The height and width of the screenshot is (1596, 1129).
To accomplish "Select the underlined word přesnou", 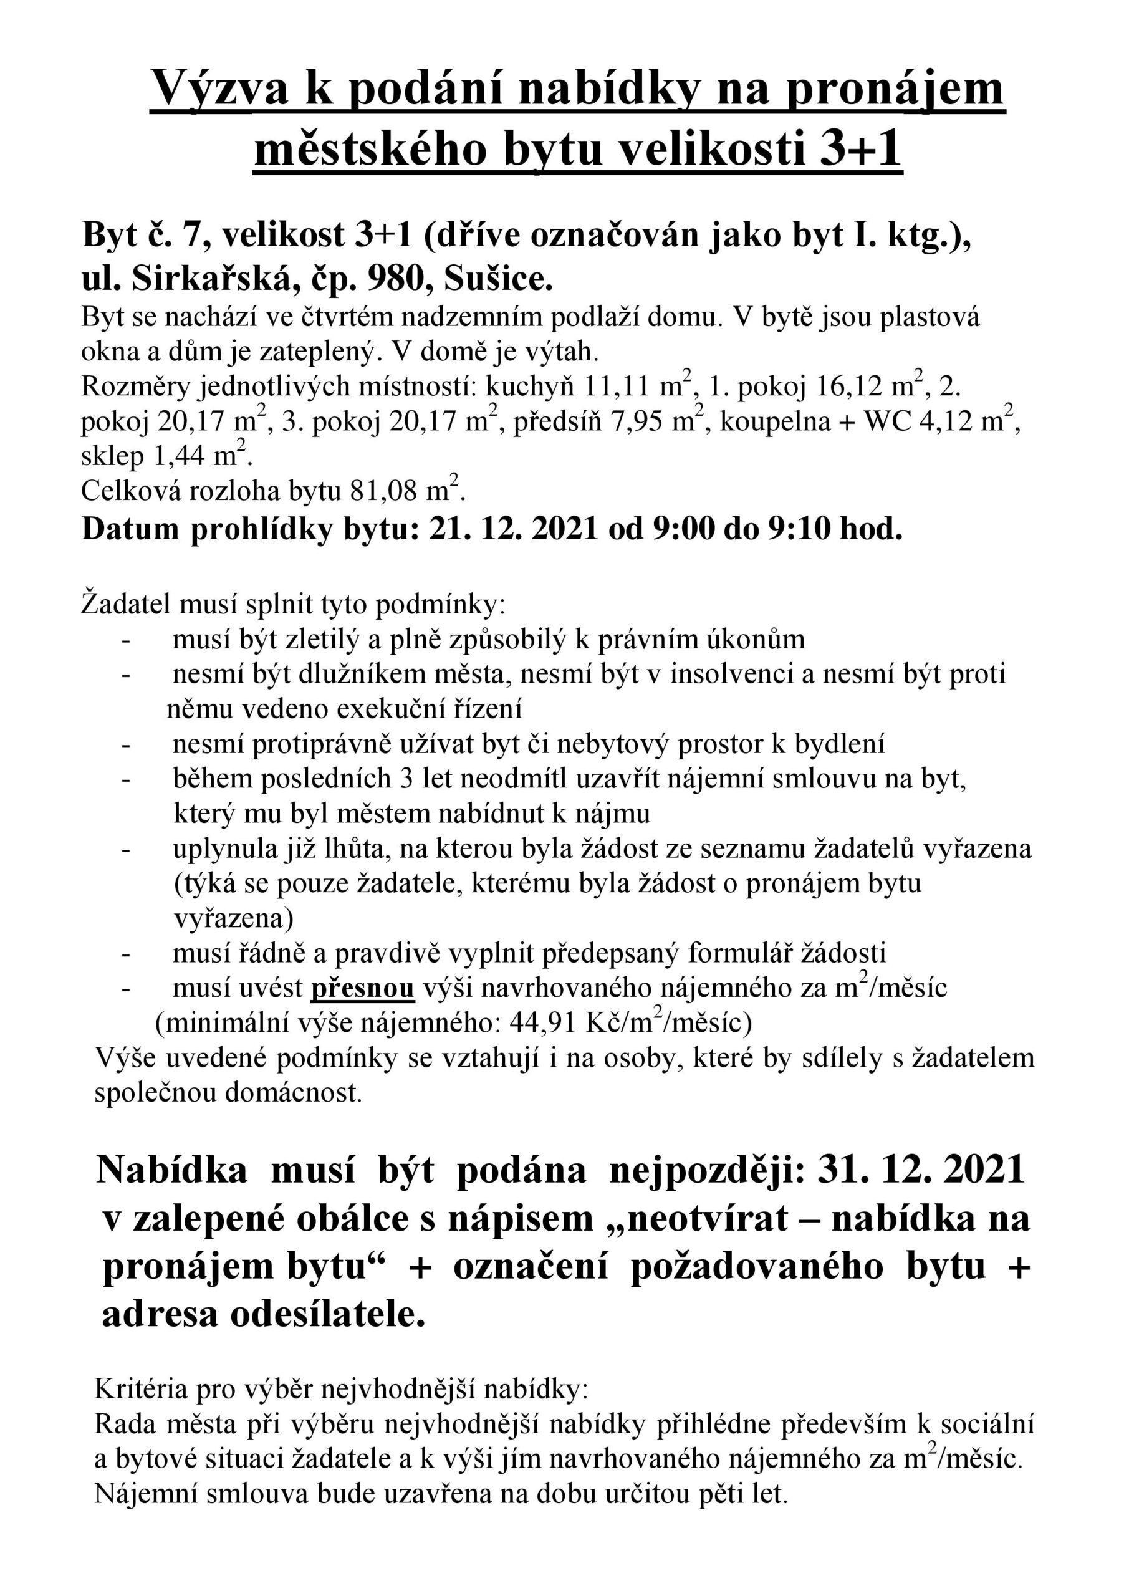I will tap(362, 989).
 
